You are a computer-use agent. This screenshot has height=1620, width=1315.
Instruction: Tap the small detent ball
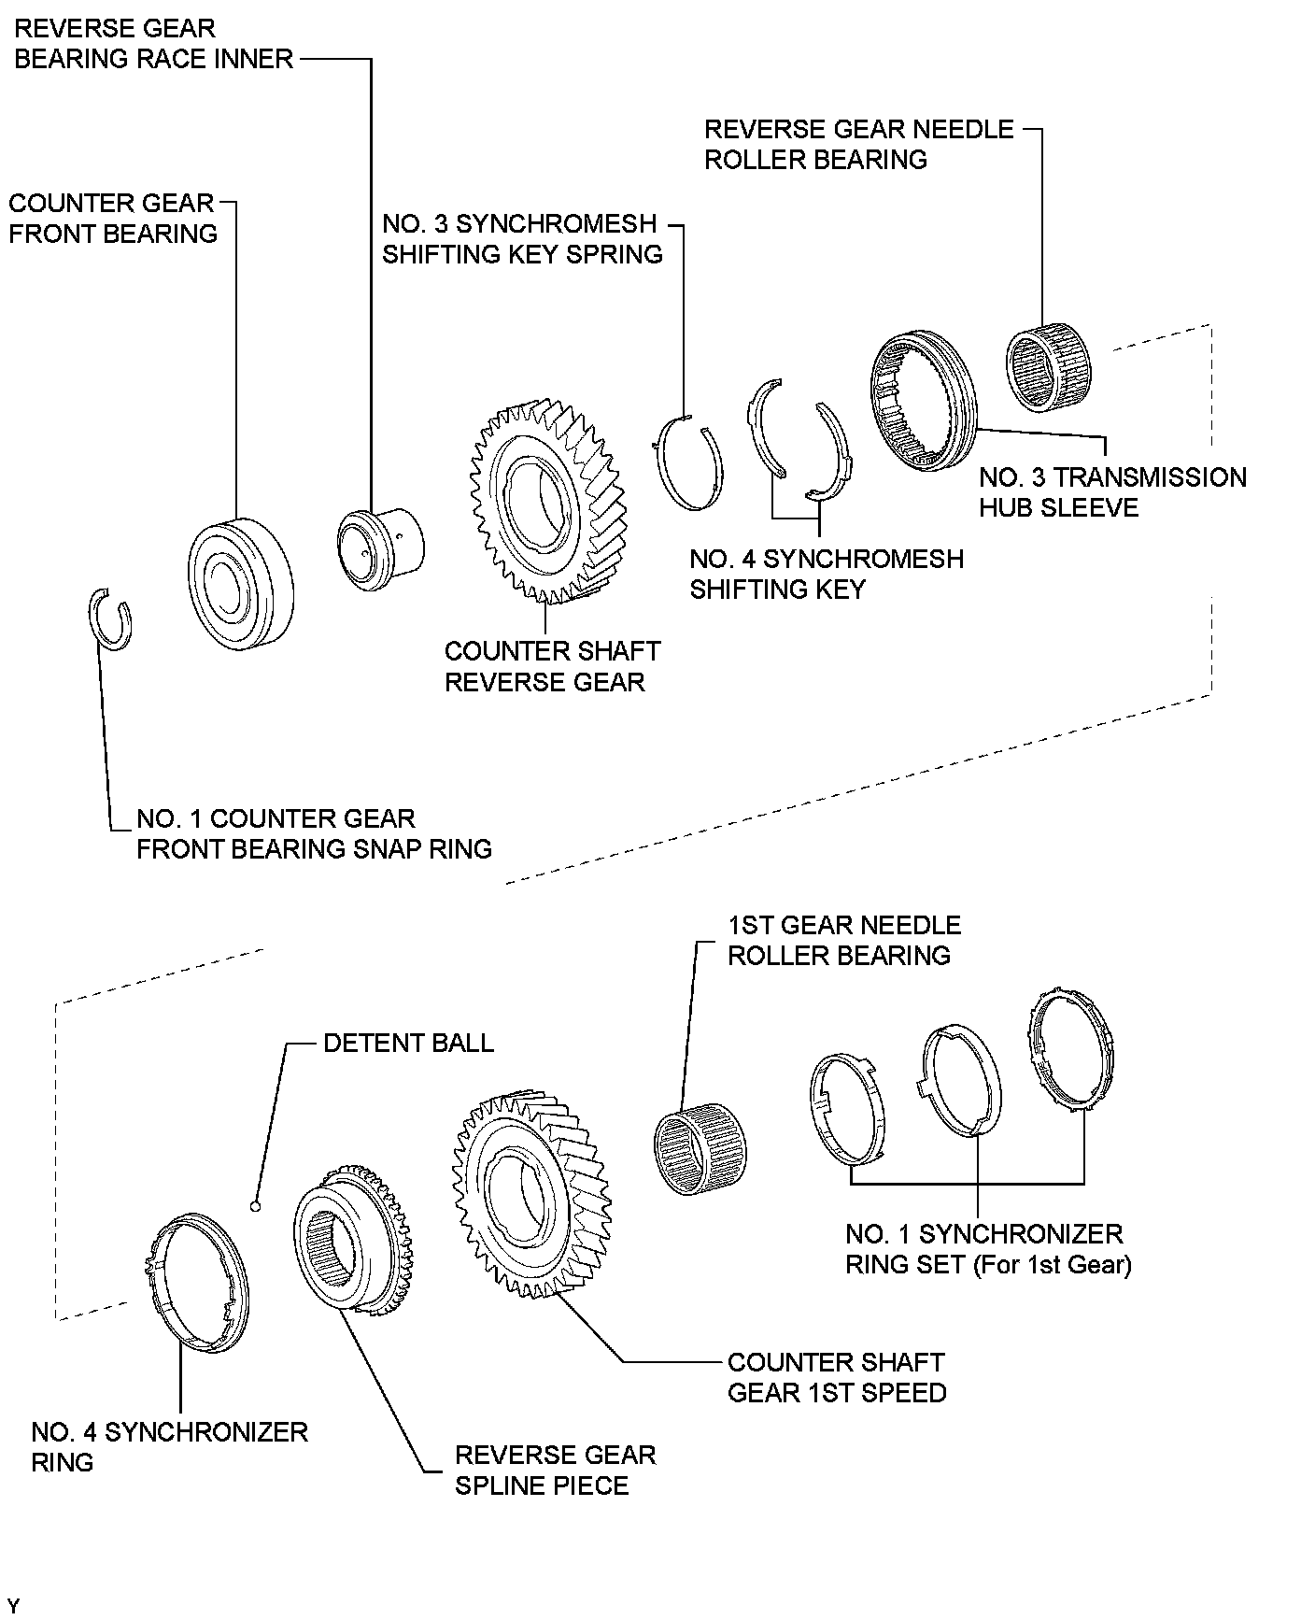point(256,1205)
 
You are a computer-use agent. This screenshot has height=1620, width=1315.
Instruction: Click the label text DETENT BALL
point(408,1043)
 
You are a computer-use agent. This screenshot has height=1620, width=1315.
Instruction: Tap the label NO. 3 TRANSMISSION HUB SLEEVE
point(1112,492)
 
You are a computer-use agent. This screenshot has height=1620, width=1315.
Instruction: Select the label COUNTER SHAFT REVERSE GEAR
point(552,666)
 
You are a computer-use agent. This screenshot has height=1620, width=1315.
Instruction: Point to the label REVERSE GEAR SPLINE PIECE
point(555,1470)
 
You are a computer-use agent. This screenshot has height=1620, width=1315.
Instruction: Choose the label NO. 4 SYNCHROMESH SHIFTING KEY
point(827,574)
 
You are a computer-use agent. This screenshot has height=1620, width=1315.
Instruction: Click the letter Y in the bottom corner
point(12,1606)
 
